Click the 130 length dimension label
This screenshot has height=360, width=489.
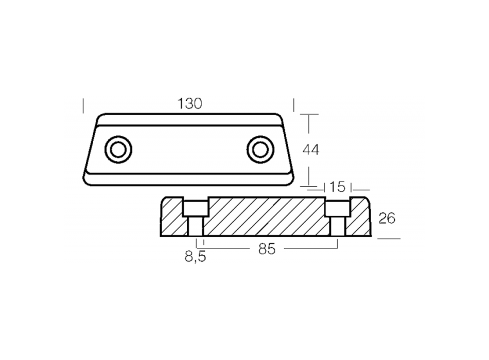coord(190,103)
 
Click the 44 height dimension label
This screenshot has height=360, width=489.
coord(311,150)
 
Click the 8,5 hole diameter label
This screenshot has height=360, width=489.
coord(195,256)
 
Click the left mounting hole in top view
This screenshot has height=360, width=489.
coord(118,150)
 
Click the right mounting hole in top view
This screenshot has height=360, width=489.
coord(260,150)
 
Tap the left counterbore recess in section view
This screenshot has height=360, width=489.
coord(196,208)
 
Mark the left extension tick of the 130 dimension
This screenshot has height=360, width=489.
coord(83,105)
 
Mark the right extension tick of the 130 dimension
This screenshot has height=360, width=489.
coord(294,105)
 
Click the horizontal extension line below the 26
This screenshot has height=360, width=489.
coord(389,239)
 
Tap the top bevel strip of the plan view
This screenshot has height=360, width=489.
coord(189,119)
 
